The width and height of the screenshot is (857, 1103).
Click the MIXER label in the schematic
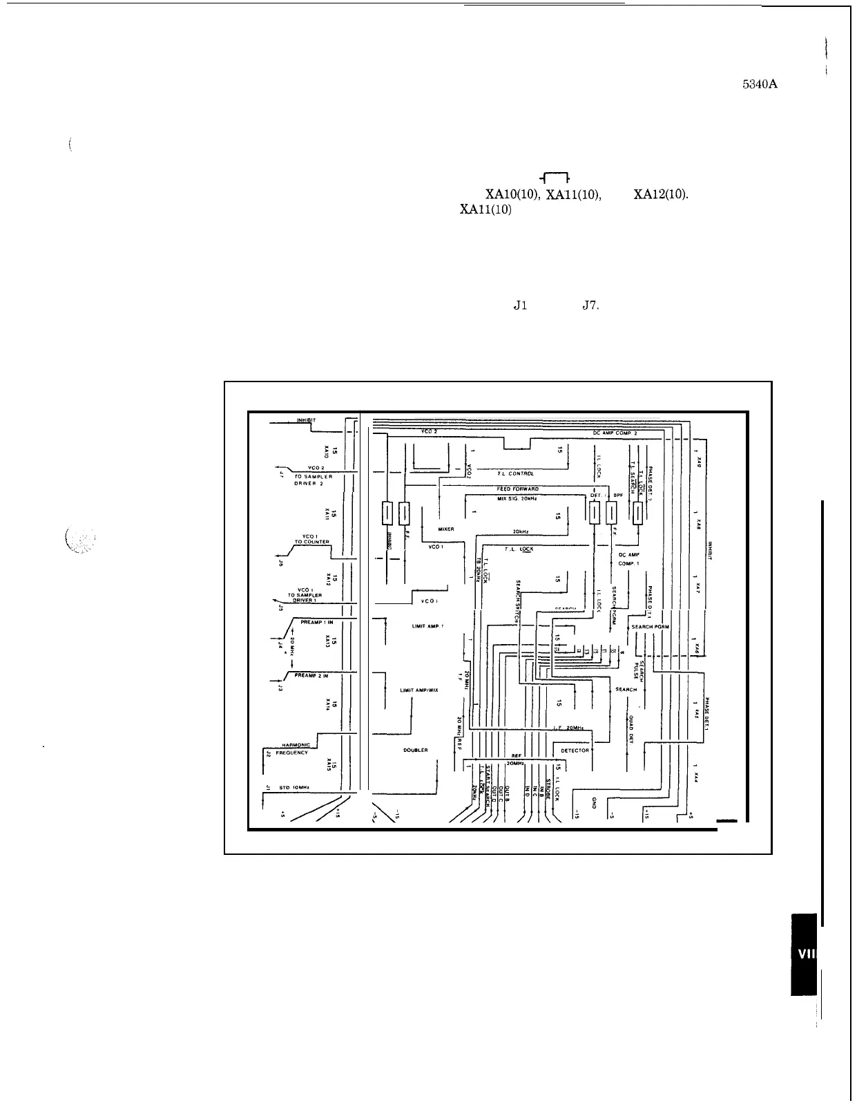[445, 529]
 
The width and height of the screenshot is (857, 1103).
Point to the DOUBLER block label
[415, 750]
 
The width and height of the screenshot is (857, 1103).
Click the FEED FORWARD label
[517, 489]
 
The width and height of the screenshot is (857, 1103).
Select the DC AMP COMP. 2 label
[615, 432]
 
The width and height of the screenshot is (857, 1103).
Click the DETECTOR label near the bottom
[575, 750]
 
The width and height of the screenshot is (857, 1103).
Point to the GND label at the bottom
[594, 802]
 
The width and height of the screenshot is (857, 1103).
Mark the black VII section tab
[804, 954]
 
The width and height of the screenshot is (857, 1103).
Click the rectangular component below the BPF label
[611, 513]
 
